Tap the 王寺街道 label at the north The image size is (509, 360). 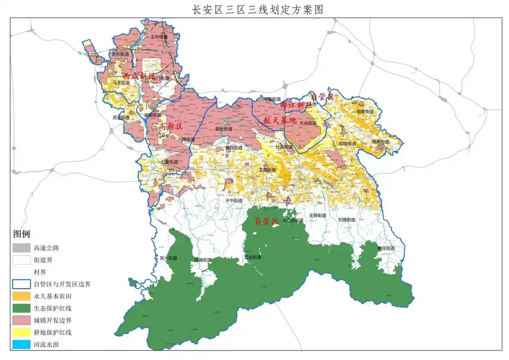click(159, 37)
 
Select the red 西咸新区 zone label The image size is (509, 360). click(138, 76)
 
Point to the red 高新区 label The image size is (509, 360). click(170, 128)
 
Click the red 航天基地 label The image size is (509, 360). click(280, 120)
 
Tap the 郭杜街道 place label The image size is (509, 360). click(223, 129)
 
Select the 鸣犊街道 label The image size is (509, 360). click(347, 144)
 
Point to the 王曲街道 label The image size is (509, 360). click(267, 170)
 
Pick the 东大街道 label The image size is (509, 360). click(169, 258)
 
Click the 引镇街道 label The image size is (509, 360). click(347, 220)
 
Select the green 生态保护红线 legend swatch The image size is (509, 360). click(21, 308)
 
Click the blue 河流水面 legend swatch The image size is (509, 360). click(21, 345)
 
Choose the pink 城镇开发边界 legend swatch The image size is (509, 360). click(21, 320)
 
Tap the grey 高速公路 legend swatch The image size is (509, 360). click(21, 247)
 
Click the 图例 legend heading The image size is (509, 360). click(22, 234)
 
